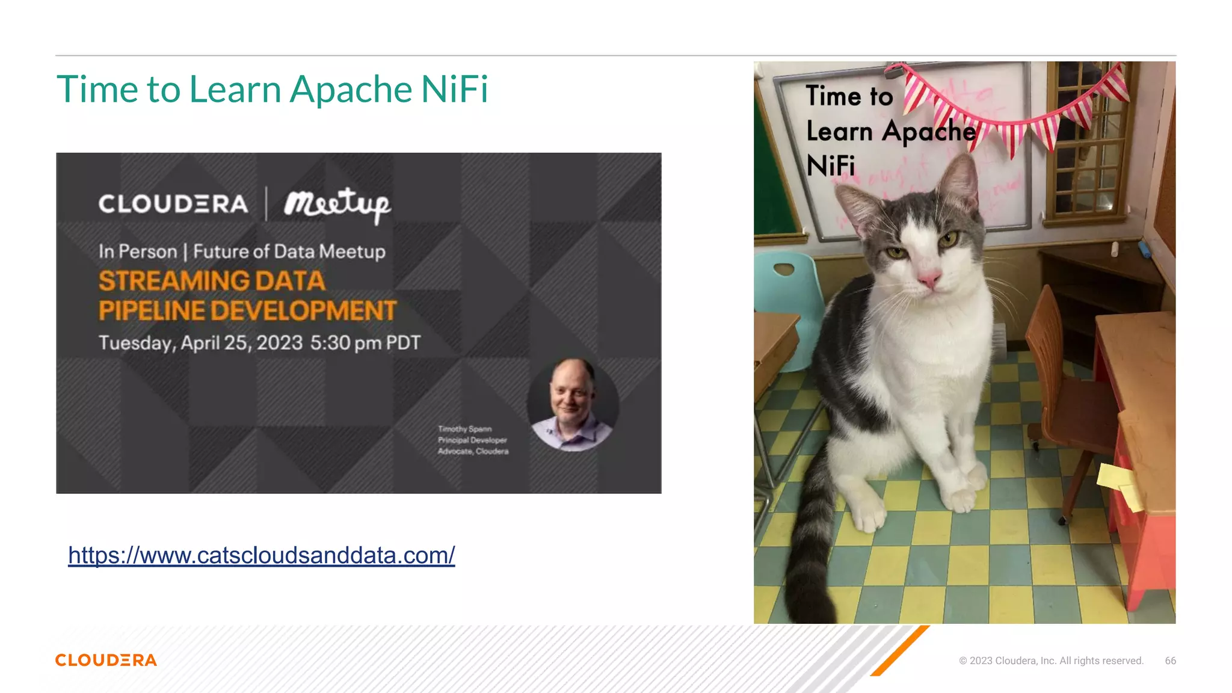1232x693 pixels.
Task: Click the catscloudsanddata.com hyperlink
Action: pyautogui.click(x=261, y=555)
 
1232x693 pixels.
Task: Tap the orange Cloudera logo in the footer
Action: pyautogui.click(x=106, y=661)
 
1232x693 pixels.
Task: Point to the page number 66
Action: pyautogui.click(x=1170, y=661)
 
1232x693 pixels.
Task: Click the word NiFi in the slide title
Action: pyautogui.click(x=454, y=90)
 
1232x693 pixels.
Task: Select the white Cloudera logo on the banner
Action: pyautogui.click(x=173, y=204)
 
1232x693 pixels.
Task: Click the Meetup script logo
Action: pyautogui.click(x=337, y=205)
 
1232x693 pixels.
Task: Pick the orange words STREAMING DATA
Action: pyautogui.click(x=212, y=281)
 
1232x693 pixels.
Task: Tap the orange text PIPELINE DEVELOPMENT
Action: pyautogui.click(x=247, y=311)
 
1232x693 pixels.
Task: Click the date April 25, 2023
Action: pyautogui.click(x=241, y=343)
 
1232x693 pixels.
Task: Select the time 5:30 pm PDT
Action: pyautogui.click(x=365, y=343)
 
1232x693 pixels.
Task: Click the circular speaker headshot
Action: pyautogui.click(x=573, y=405)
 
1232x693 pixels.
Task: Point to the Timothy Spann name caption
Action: pyautogui.click(x=465, y=429)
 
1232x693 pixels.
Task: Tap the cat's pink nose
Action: pyautogui.click(x=928, y=279)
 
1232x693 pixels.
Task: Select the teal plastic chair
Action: pyautogui.click(x=788, y=301)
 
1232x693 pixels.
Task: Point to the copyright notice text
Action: pyautogui.click(x=1051, y=661)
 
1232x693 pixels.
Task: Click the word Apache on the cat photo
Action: pyautogui.click(x=929, y=131)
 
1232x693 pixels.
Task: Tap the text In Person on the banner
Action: pyautogui.click(x=138, y=251)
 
